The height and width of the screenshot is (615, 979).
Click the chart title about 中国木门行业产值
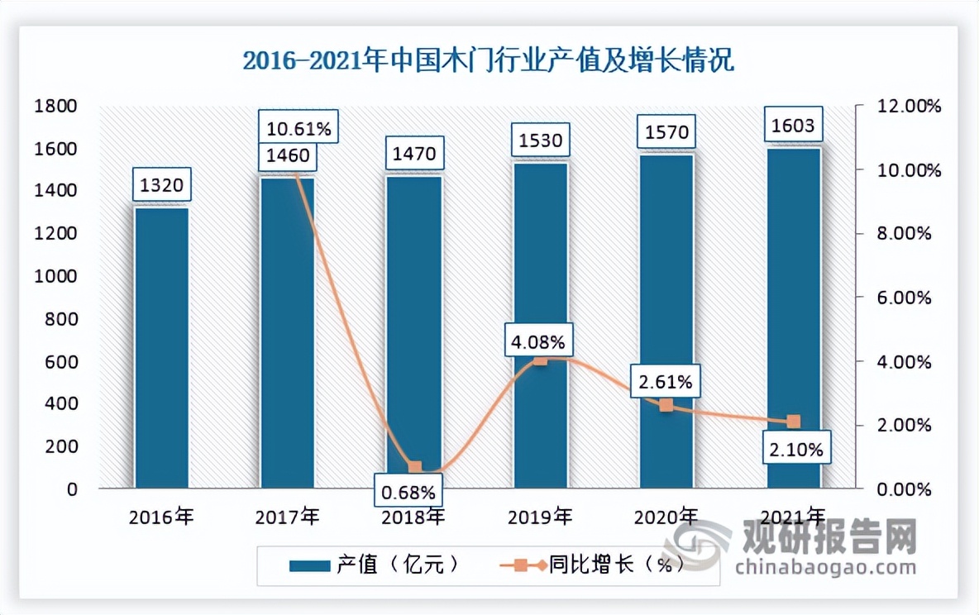pyautogui.click(x=488, y=62)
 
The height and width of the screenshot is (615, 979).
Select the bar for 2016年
pyautogui.click(x=162, y=347)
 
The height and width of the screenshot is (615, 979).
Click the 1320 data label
pyautogui.click(x=162, y=184)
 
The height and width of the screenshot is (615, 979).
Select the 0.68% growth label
pyautogui.click(x=408, y=493)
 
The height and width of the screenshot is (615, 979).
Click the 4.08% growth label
pyautogui.click(x=540, y=341)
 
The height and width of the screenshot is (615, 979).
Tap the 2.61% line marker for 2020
pyautogui.click(x=666, y=405)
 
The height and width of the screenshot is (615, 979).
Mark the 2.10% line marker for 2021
pyautogui.click(x=793, y=422)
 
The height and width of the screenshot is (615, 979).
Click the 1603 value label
pyautogui.click(x=794, y=126)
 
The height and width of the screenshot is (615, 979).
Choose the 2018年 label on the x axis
pyautogui.click(x=414, y=518)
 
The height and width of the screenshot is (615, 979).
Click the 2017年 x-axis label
pyautogui.click(x=288, y=518)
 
